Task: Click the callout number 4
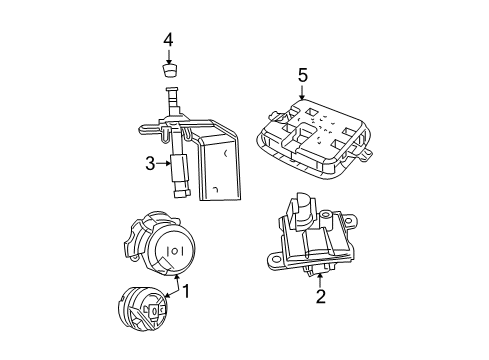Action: click(169, 40)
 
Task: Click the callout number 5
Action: click(302, 74)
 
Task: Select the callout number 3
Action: click(150, 164)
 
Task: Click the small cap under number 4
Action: click(170, 73)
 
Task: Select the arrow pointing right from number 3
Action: click(166, 164)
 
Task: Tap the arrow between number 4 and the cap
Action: click(169, 57)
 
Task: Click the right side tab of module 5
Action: click(367, 153)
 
